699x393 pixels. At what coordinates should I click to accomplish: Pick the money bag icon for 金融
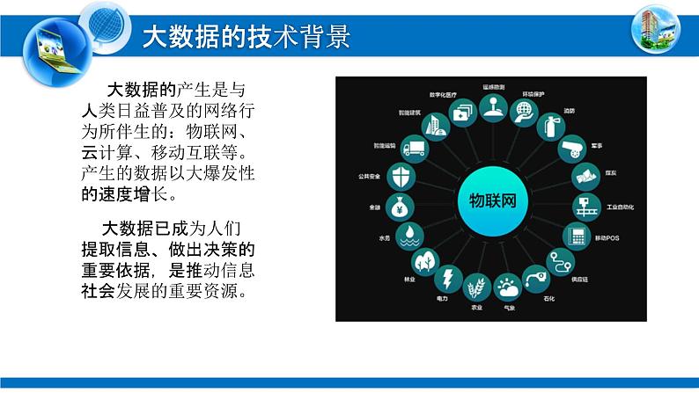[x=399, y=208]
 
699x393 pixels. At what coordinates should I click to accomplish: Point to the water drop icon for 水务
[x=407, y=236]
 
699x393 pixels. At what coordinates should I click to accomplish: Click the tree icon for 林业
[x=425, y=260]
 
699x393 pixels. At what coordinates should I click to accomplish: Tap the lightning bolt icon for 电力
[x=448, y=279]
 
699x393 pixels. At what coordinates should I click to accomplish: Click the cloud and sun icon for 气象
[x=507, y=287]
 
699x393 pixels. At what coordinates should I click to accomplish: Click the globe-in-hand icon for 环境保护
[x=524, y=111]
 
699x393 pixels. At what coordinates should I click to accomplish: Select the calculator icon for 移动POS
[x=578, y=237]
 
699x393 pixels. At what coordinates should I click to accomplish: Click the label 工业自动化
[x=621, y=207]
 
